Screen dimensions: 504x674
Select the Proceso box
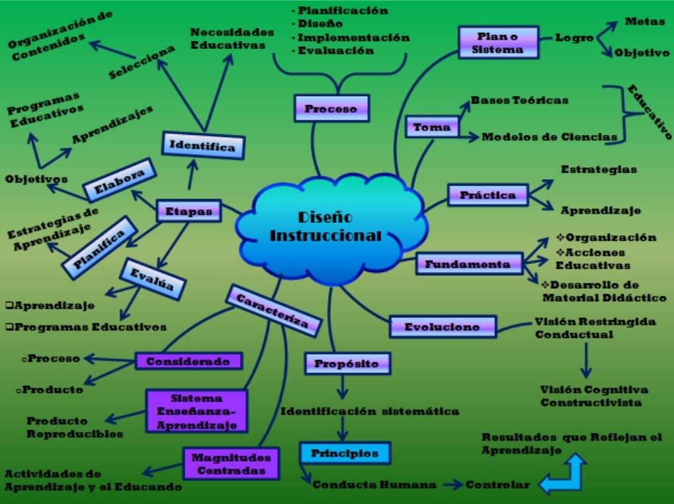tap(330, 108)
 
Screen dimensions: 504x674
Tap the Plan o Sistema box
tap(499, 42)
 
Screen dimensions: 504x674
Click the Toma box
tap(431, 127)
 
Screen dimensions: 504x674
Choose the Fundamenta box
tap(468, 264)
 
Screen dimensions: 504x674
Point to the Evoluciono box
tap(442, 326)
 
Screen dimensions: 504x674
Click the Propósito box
tap(347, 363)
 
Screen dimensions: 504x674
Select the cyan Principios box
tap(344, 453)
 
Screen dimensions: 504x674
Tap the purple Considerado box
tap(188, 361)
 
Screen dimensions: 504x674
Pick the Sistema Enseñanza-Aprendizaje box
tap(195, 411)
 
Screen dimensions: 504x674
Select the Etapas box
tap(188, 211)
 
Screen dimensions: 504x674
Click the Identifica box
tap(202, 146)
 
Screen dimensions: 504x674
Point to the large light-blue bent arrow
tap(564, 474)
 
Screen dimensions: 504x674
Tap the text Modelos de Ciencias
tap(549, 137)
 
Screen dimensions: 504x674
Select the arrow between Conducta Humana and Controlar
tap(452, 485)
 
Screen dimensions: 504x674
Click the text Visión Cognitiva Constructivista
tap(594, 396)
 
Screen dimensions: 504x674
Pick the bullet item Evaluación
tap(335, 50)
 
